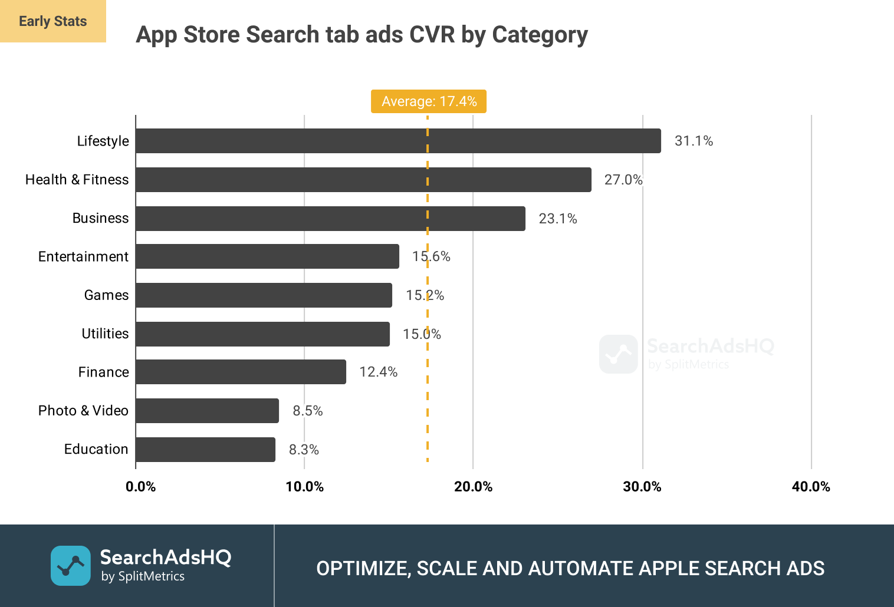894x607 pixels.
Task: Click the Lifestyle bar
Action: [x=398, y=141]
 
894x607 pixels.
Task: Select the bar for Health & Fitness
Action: [x=363, y=180]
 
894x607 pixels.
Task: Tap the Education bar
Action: [x=205, y=450]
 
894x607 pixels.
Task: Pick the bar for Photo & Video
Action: [x=207, y=411]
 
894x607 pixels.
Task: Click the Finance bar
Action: [x=241, y=372]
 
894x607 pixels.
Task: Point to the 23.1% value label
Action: [x=557, y=219]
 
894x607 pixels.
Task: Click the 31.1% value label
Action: [x=693, y=141]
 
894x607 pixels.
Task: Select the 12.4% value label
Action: [x=378, y=372]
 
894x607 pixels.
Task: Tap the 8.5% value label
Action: [x=307, y=411]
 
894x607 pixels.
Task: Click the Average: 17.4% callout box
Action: [x=429, y=101]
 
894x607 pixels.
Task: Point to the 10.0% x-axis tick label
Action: [x=304, y=487]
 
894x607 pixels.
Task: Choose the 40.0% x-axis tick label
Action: [x=811, y=487]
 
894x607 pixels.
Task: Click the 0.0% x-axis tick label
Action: [x=140, y=487]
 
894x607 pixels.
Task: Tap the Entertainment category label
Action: [x=83, y=257]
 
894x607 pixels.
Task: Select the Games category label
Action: [x=106, y=295]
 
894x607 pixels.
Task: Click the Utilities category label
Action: [x=105, y=334]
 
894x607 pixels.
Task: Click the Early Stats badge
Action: [x=53, y=21]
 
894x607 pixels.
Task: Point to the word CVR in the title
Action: [x=432, y=35]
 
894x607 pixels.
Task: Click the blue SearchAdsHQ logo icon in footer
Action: [x=71, y=566]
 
